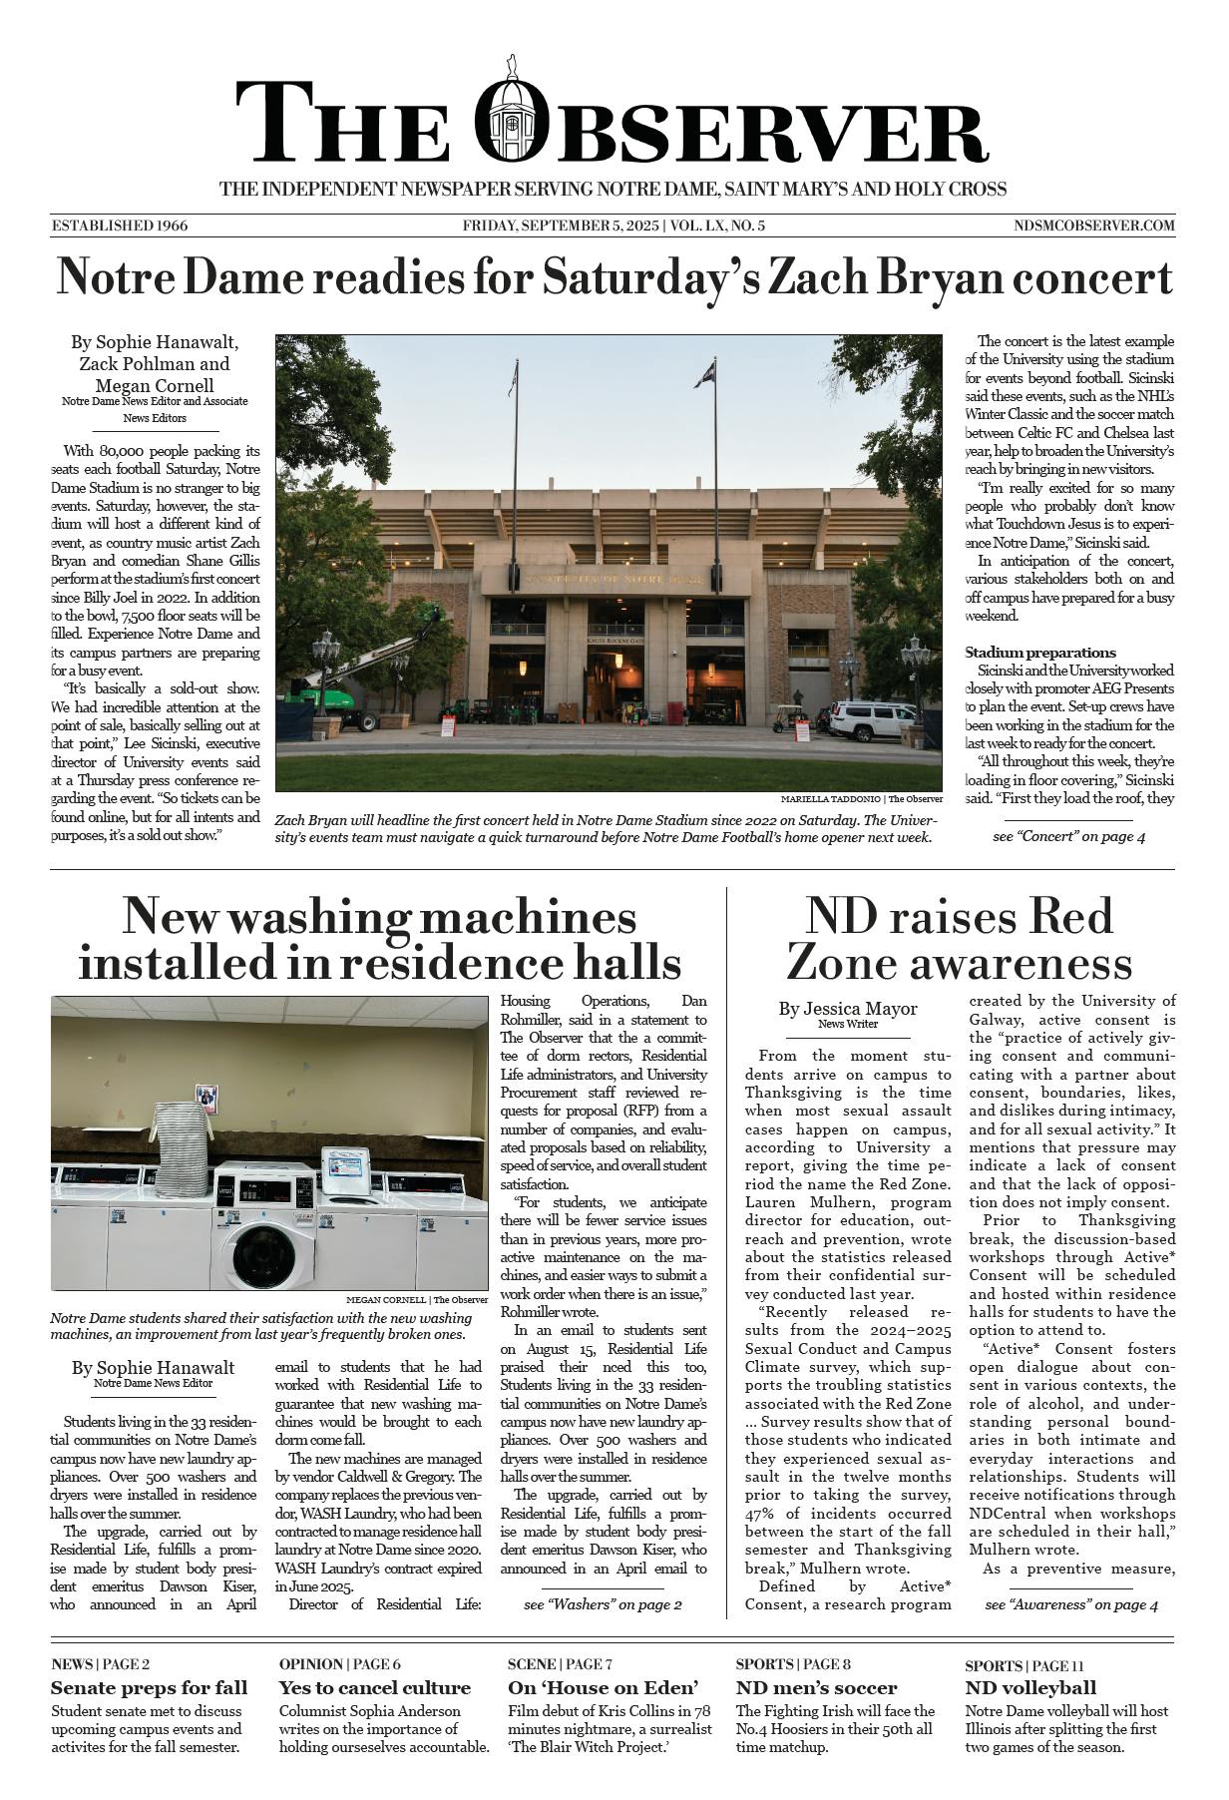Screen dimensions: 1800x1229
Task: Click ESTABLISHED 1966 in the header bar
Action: pos(120,225)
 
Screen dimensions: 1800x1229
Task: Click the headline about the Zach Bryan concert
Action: pos(614,277)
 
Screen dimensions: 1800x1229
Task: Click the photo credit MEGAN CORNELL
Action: pos(385,1300)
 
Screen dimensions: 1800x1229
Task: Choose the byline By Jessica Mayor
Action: pos(848,1009)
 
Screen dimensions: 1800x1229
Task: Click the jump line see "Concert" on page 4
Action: pos(1068,836)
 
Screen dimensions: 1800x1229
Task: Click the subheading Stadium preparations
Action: pos(1040,653)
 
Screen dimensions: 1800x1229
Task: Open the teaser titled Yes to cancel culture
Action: pos(375,1688)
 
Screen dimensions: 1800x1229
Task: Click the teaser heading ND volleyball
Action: pos(1030,1688)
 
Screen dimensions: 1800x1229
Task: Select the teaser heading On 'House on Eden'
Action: pos(603,1688)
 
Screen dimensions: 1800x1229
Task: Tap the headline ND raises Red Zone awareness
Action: pos(959,940)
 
